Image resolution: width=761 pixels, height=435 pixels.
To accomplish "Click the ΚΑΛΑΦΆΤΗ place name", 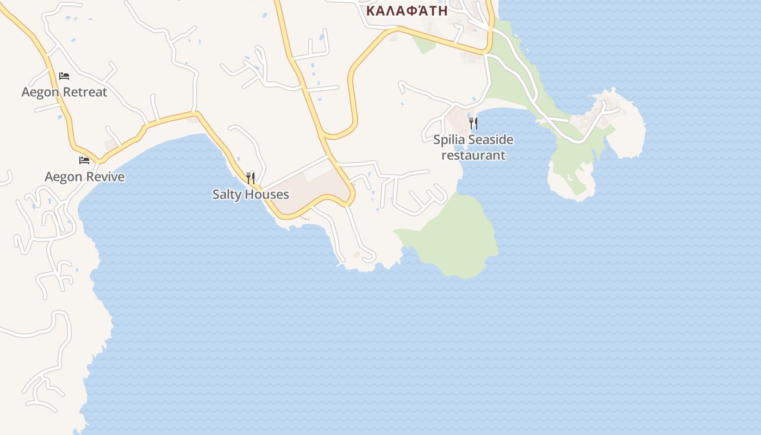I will [407, 10].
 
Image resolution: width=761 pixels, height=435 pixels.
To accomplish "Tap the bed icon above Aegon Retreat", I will [64, 76].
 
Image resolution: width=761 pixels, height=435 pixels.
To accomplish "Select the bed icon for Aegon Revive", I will [84, 160].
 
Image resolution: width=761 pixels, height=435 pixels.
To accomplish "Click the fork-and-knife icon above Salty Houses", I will [251, 178].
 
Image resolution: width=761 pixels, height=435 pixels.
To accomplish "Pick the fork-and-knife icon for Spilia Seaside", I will [473, 123].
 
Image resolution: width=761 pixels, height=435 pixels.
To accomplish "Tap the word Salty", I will [227, 194].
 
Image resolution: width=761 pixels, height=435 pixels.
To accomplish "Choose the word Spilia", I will [448, 140].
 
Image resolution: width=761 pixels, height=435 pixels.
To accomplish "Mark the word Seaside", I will [490, 140].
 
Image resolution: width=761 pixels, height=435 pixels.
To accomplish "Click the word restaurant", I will [473, 155].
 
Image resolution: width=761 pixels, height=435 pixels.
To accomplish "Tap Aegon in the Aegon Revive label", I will [62, 177].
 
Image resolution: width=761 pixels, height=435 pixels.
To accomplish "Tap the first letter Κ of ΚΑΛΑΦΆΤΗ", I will [371, 10].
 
